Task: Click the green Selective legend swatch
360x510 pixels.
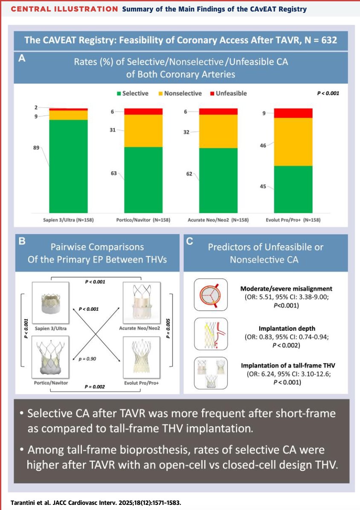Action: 118,93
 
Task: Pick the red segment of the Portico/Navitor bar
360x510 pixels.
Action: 143,111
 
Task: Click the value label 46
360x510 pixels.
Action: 263,146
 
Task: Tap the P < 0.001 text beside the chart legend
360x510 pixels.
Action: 328,93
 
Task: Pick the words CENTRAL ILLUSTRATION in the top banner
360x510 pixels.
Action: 64,9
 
